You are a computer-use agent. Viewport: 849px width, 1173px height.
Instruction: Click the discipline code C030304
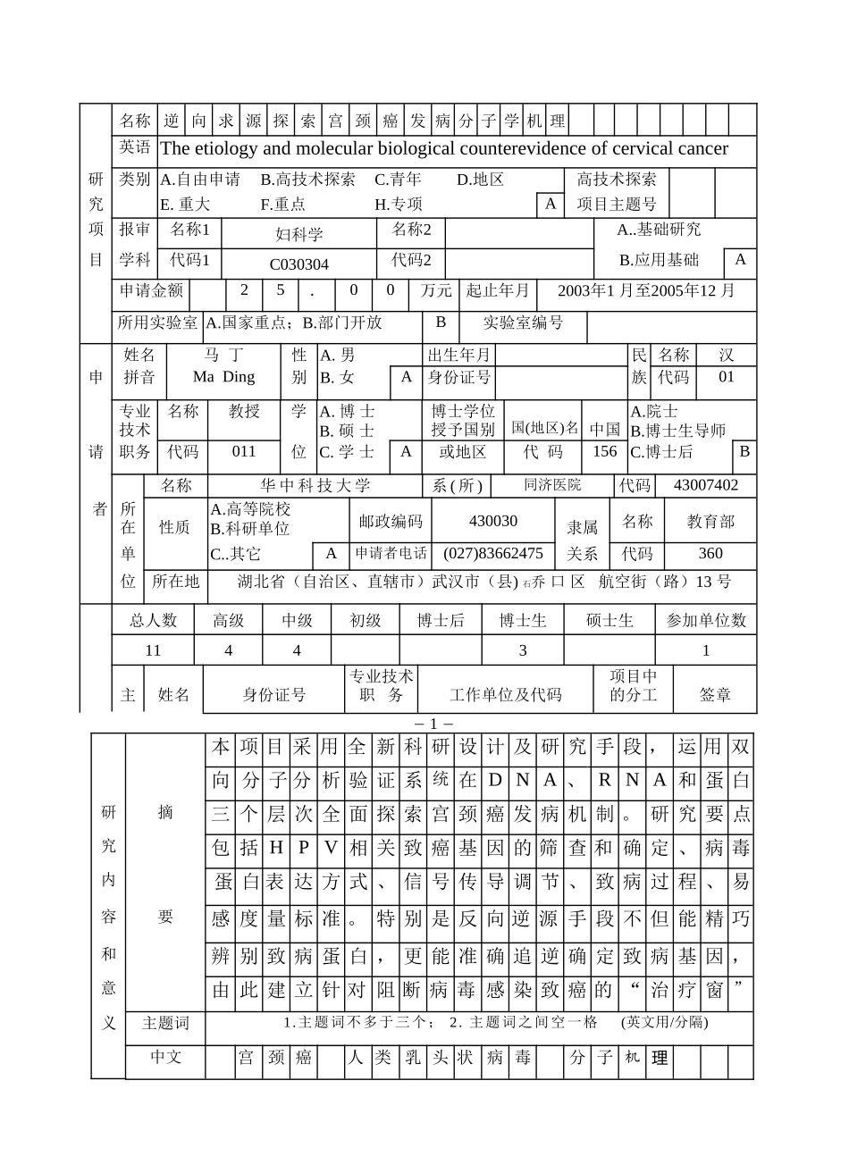[x=298, y=264]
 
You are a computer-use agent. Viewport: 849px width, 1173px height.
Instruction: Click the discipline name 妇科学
[x=298, y=235]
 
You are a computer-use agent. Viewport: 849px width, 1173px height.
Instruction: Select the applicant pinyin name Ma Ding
[x=223, y=377]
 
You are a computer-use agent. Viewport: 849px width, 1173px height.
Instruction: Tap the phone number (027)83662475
[x=492, y=554]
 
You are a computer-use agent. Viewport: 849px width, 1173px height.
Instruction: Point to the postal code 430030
[x=492, y=522]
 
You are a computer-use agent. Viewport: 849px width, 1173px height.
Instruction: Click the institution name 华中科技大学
[x=315, y=486]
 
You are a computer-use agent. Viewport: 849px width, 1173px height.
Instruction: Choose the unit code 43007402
[x=705, y=485]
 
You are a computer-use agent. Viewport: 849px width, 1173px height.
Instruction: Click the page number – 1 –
[x=434, y=724]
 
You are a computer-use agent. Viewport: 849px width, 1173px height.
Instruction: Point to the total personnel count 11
[x=153, y=650]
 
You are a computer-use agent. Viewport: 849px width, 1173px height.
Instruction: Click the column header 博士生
[x=523, y=621]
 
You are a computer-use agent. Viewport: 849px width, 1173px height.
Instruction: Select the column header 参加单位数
[x=706, y=621]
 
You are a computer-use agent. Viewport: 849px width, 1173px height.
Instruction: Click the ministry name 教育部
[x=710, y=522]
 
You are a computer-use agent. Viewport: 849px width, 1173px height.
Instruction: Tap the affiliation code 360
[x=710, y=554]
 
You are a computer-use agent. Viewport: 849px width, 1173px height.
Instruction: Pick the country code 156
[x=605, y=452]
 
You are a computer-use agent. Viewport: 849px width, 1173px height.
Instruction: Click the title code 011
[x=244, y=452]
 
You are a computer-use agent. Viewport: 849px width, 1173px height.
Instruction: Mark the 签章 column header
[x=715, y=695]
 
